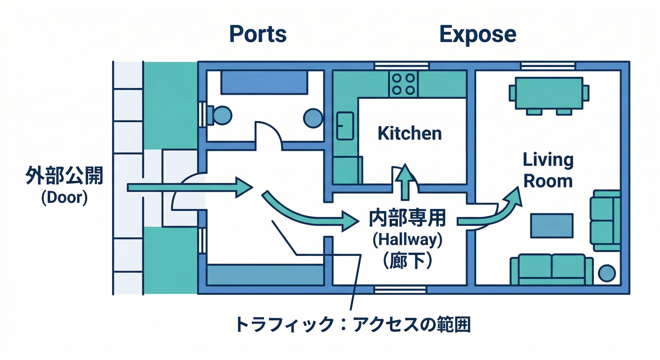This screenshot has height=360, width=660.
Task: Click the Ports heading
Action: [257, 34]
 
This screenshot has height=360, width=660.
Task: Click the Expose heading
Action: [478, 34]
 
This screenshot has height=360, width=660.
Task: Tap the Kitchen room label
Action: [410, 134]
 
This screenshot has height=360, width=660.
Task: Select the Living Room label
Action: [548, 170]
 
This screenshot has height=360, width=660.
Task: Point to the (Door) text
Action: [64, 198]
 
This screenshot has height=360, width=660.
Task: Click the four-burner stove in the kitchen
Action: [403, 84]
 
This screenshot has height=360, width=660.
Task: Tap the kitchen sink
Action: [345, 126]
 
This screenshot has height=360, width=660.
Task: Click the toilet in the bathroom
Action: [220, 114]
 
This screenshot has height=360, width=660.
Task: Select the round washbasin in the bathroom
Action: [313, 118]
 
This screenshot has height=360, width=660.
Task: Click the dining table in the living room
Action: [549, 93]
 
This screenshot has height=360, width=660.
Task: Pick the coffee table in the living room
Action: [552, 225]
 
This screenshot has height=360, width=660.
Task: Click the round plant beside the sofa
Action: [607, 273]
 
